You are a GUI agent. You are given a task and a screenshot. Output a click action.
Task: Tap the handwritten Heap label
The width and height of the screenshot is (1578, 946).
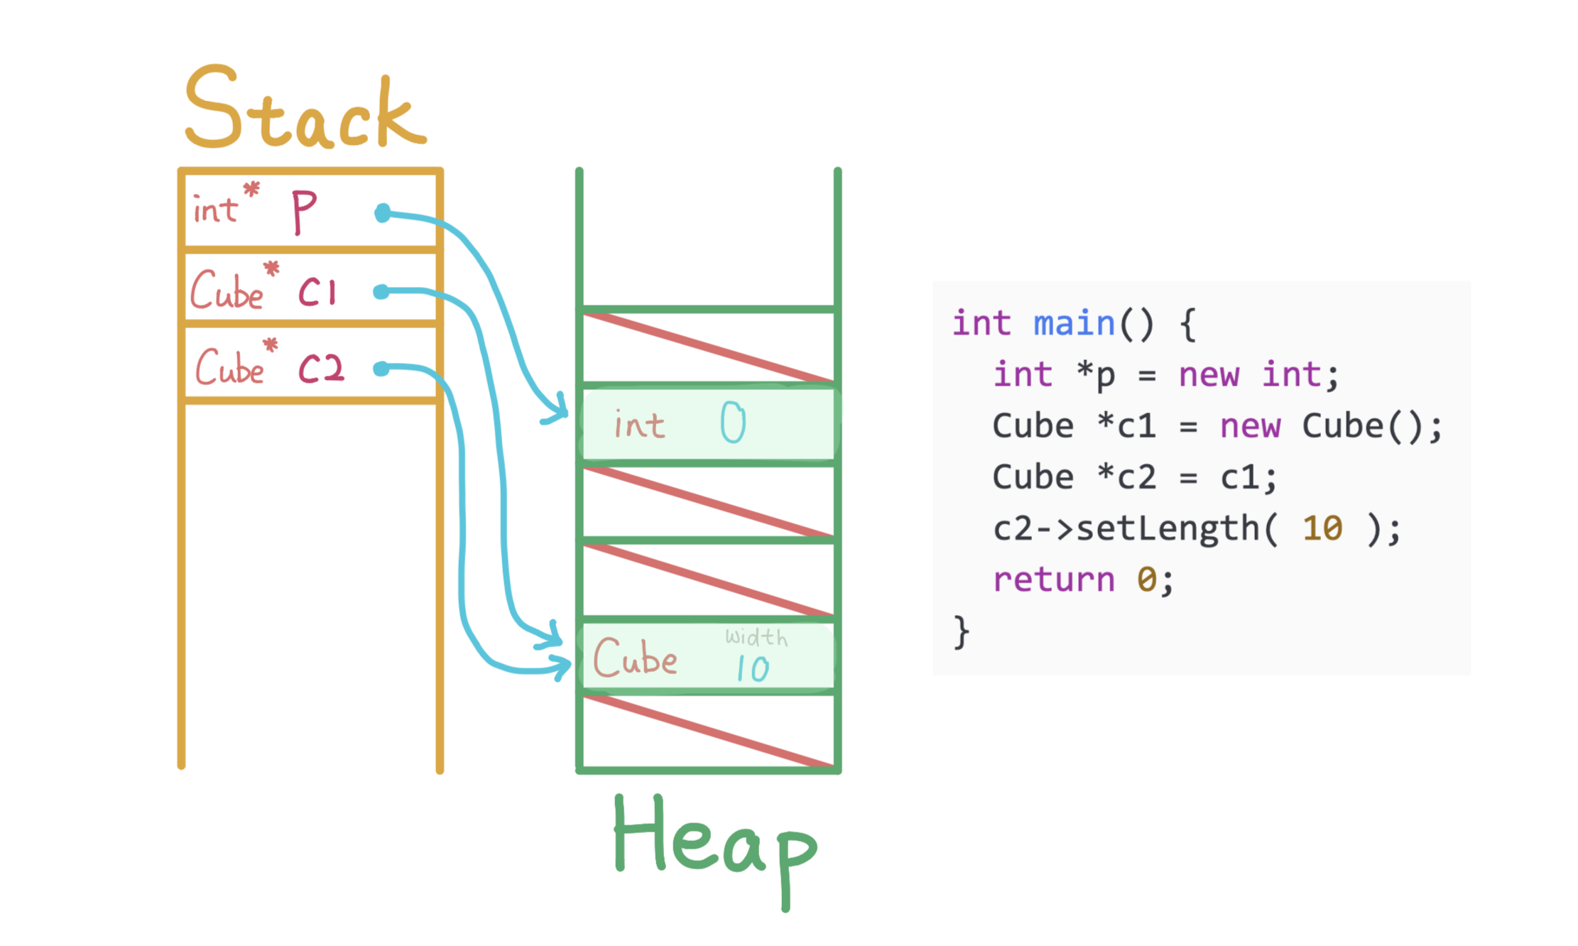click(714, 845)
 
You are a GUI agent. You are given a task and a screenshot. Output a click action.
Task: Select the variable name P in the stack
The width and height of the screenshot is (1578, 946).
click(304, 212)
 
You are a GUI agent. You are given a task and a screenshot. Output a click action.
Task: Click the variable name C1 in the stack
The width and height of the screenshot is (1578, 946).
click(317, 292)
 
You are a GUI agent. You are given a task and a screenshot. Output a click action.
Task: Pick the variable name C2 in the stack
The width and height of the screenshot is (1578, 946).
click(320, 369)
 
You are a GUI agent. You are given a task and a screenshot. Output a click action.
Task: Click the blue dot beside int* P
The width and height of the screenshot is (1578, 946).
click(383, 212)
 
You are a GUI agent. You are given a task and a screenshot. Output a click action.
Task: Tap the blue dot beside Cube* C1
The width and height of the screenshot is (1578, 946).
click(381, 292)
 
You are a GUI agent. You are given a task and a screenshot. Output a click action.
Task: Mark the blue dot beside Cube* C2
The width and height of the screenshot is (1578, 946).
click(381, 368)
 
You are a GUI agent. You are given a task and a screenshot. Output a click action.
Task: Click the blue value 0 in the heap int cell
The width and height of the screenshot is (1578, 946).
click(733, 423)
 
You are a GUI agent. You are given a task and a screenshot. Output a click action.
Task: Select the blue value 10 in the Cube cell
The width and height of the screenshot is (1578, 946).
click(752, 668)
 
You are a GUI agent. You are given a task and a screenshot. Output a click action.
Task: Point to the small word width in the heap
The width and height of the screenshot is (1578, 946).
click(756, 636)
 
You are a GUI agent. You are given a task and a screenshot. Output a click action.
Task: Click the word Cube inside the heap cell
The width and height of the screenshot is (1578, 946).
click(635, 658)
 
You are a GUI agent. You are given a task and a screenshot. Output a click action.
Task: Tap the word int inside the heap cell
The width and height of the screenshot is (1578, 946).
click(639, 425)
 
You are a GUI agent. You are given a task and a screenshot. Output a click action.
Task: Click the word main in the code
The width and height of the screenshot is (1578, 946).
click(1074, 324)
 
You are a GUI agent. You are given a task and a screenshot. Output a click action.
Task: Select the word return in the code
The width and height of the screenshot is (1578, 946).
click(1054, 580)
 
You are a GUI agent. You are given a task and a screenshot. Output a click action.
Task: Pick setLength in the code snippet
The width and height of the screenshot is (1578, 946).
click(1168, 528)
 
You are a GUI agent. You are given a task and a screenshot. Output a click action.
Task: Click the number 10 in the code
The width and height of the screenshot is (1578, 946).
click(1322, 528)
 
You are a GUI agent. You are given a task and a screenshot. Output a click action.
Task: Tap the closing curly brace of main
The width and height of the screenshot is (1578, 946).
click(961, 631)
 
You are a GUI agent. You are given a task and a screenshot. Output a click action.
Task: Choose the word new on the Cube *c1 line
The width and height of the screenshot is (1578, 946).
click(1250, 426)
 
